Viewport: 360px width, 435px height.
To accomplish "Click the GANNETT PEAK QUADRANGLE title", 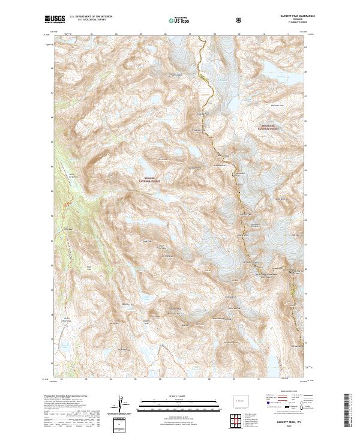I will pos(293,16).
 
